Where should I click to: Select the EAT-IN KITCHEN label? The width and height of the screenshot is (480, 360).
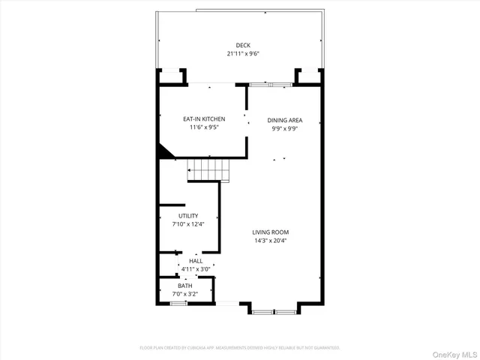(204, 118)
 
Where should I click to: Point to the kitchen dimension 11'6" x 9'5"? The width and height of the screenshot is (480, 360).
(204, 127)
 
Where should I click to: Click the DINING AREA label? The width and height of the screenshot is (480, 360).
(284, 120)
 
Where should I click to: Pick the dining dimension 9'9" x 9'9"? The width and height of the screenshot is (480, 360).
(284, 128)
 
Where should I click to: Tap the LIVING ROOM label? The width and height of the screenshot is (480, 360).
(270, 232)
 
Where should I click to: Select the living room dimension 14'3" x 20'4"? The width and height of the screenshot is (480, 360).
(270, 241)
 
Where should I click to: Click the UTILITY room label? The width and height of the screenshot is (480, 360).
(188, 215)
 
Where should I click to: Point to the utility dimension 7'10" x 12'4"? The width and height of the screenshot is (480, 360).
(188, 223)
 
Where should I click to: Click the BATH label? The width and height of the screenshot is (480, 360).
(184, 286)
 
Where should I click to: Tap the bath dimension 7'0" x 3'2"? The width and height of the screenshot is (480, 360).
(184, 294)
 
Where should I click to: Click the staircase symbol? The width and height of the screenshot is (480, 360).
(208, 170)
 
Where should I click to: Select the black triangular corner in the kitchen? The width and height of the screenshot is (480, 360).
(163, 152)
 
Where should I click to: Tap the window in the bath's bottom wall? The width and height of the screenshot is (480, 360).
(178, 303)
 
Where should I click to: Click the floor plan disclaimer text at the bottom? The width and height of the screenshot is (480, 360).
(240, 347)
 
